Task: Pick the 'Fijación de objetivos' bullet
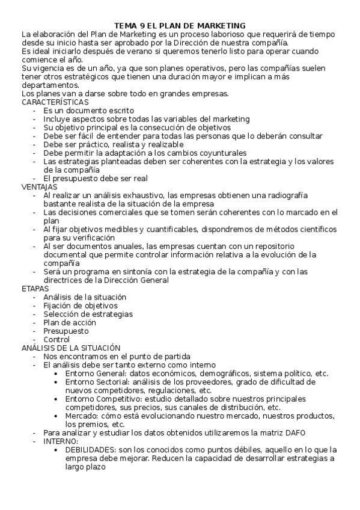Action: click(80, 306)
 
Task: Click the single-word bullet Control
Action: click(56, 339)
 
